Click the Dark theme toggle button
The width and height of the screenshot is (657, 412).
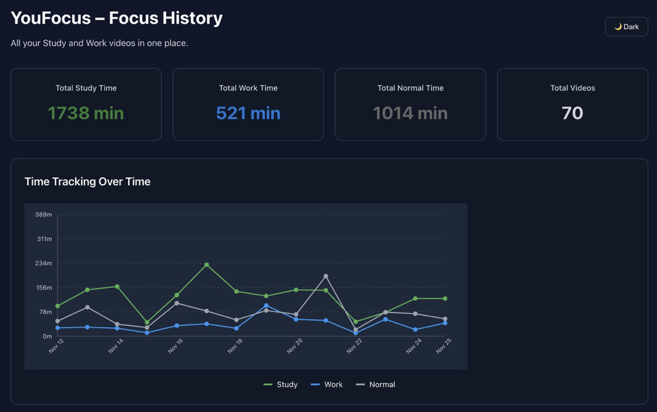click(626, 27)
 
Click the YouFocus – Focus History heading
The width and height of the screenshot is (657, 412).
click(117, 18)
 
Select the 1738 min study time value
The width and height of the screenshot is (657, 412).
click(86, 113)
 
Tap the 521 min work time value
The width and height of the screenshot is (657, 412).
click(248, 113)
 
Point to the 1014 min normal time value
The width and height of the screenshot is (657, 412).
click(410, 113)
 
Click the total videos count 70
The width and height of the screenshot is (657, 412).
click(572, 113)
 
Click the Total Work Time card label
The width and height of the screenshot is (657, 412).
click(248, 88)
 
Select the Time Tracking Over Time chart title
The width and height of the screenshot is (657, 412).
click(88, 182)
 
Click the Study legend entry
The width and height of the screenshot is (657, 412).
click(281, 384)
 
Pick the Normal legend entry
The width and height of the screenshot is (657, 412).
click(375, 384)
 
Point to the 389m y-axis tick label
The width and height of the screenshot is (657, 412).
click(44, 214)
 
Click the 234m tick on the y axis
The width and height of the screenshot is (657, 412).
click(44, 263)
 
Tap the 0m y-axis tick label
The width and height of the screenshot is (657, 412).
click(48, 336)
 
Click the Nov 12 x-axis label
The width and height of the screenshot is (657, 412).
click(56, 346)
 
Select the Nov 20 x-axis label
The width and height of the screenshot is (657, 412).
click(295, 346)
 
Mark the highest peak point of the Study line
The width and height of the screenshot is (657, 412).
click(207, 265)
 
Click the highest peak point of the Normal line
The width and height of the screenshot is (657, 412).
click(326, 276)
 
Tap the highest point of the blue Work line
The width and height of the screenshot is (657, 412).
click(266, 306)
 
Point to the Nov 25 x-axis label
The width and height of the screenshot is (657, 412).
click(443, 346)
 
